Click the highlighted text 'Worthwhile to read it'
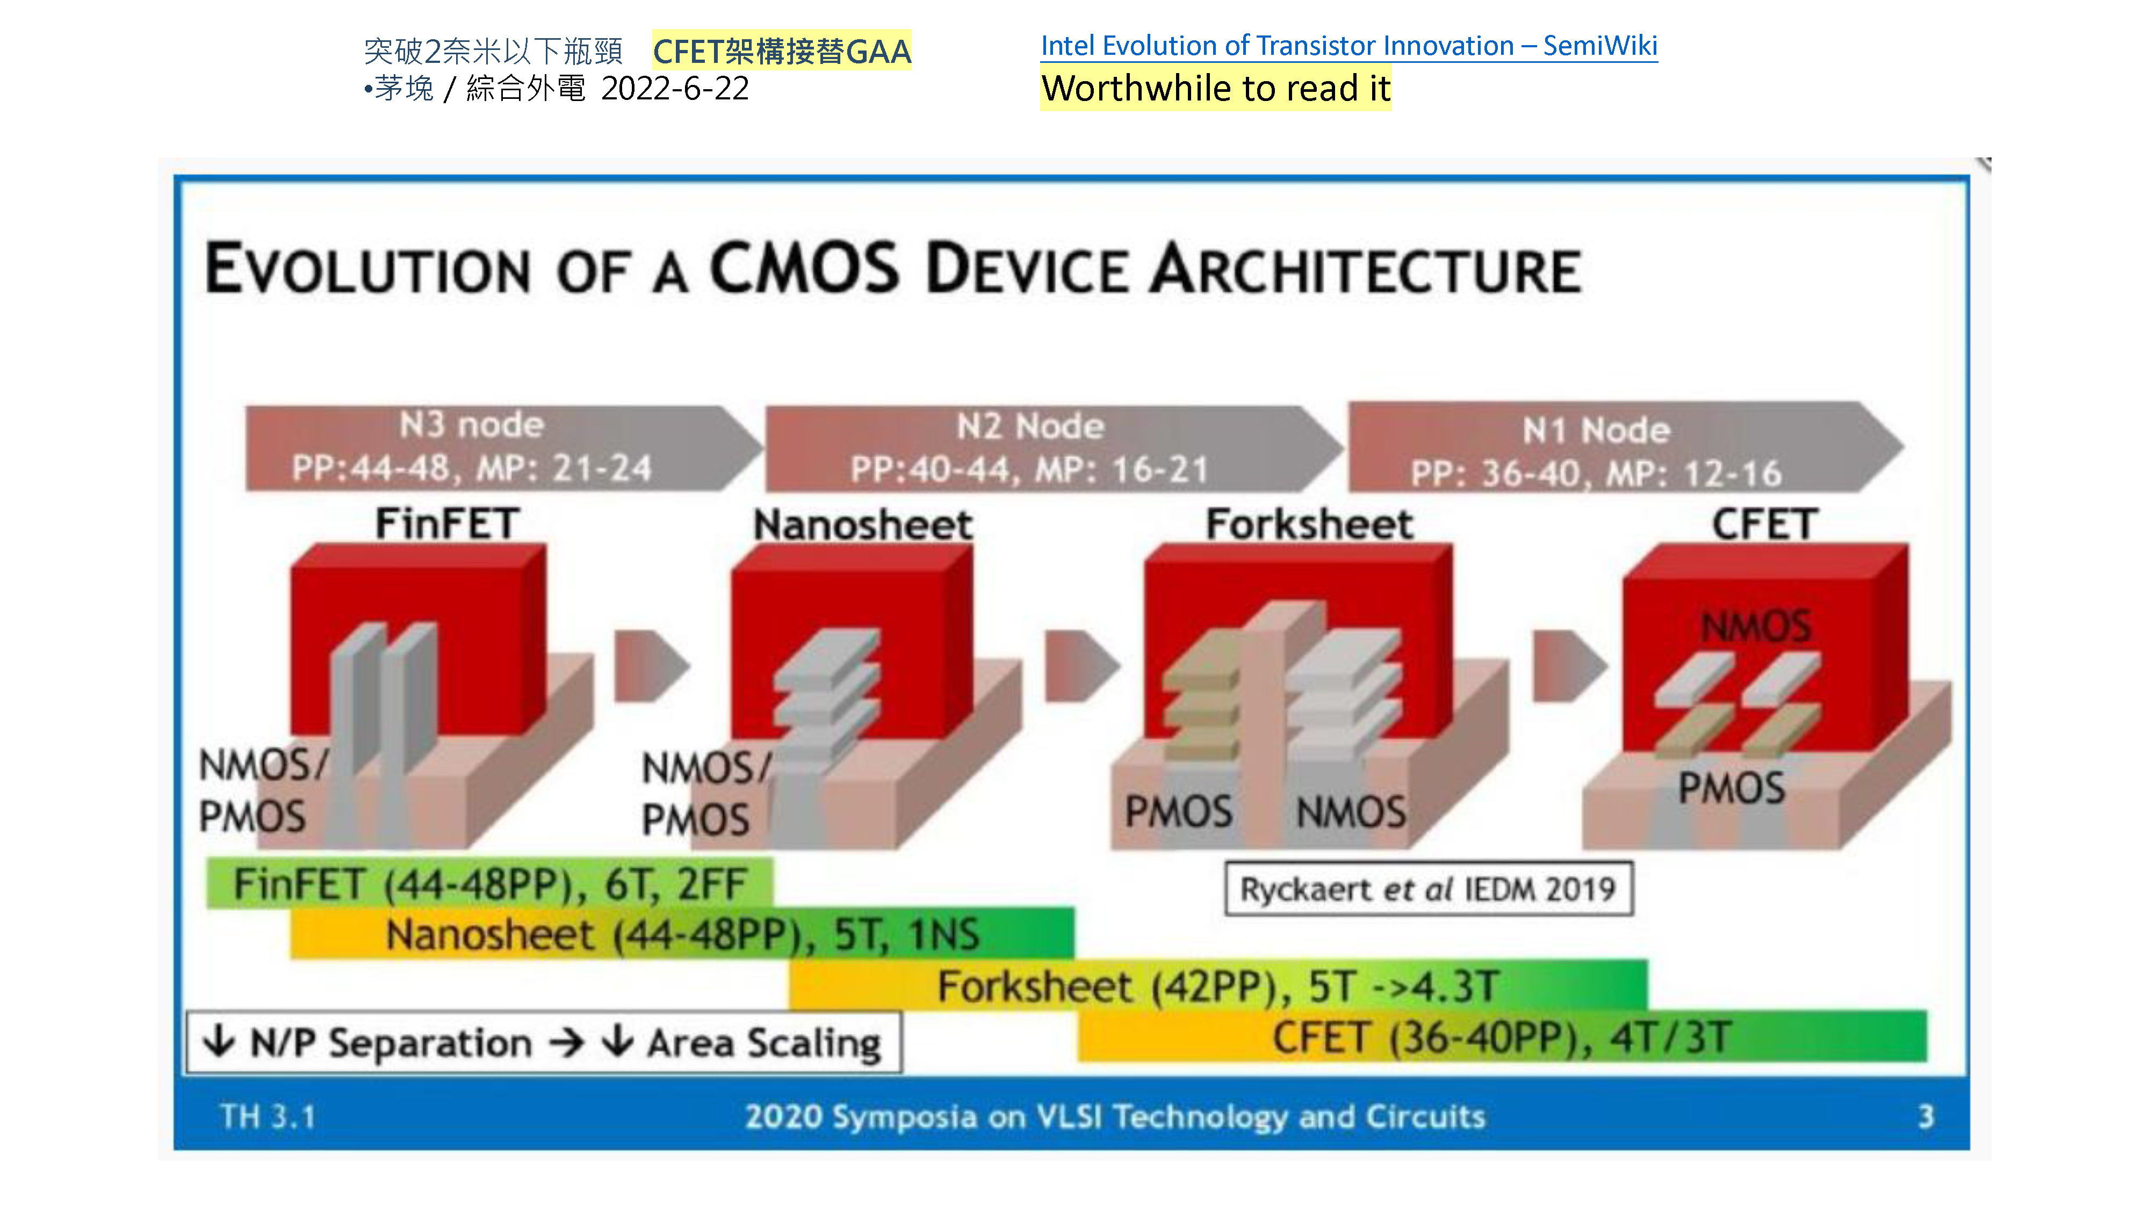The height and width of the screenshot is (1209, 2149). coord(1215,89)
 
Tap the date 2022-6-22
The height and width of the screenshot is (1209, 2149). coord(675,89)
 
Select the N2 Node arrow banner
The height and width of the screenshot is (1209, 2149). coord(1053,448)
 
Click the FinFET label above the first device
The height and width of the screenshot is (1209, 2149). coord(447,523)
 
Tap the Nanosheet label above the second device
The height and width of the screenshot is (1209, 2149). coord(863,525)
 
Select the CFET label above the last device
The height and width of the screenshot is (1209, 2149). coord(1764,525)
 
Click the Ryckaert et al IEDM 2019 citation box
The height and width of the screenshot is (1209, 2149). coord(1428,889)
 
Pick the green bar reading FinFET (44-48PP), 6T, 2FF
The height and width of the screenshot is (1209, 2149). coord(489,883)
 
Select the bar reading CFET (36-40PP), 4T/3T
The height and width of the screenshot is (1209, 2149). coord(1503,1037)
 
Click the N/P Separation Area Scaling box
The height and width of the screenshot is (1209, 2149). coord(544,1042)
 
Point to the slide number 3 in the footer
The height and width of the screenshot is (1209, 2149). coord(1926,1116)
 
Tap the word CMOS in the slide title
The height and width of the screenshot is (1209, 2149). coord(804,269)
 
